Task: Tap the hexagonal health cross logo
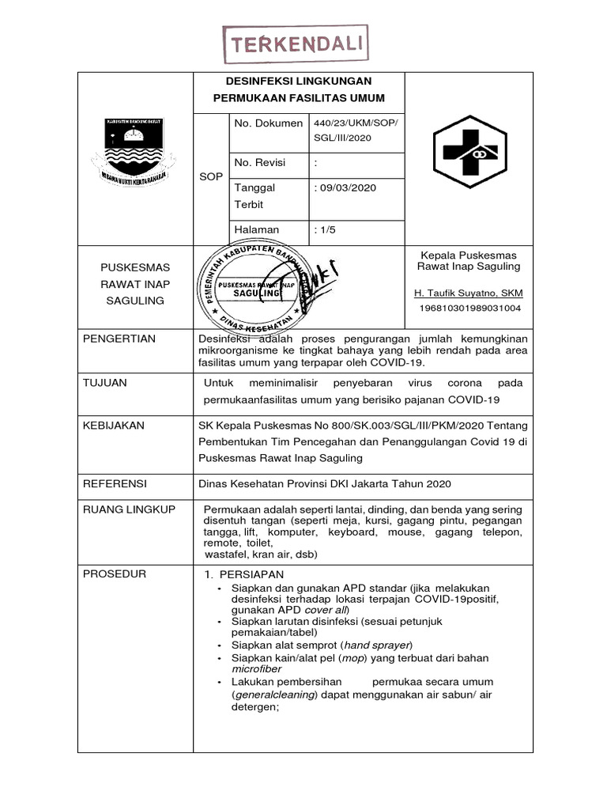click(469, 150)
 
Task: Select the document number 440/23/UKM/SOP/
click(356, 123)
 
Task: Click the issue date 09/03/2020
click(345, 188)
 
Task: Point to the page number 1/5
click(326, 229)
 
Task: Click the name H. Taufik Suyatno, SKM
click(469, 293)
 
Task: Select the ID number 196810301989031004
click(469, 308)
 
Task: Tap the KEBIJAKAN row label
click(114, 425)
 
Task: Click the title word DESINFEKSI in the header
click(248, 81)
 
